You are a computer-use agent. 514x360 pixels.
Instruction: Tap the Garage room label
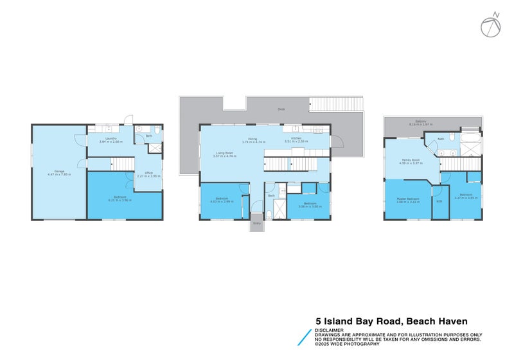pyautogui.click(x=59, y=170)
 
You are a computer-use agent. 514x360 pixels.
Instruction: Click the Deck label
pyautogui.click(x=281, y=109)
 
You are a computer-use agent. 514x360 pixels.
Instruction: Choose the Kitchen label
pyautogui.click(x=296, y=138)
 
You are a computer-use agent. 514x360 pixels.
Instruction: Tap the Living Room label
pyautogui.click(x=224, y=153)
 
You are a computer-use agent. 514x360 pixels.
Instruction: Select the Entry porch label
pyautogui.click(x=256, y=223)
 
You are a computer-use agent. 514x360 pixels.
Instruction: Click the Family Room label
pyautogui.click(x=411, y=159)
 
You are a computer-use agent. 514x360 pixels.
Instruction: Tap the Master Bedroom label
pyautogui.click(x=408, y=198)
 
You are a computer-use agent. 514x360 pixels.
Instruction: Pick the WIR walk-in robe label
pyautogui.click(x=439, y=202)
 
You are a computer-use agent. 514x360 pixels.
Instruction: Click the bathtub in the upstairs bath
pyautogui.click(x=472, y=137)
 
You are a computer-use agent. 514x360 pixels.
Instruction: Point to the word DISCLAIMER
pyautogui.click(x=328, y=330)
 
